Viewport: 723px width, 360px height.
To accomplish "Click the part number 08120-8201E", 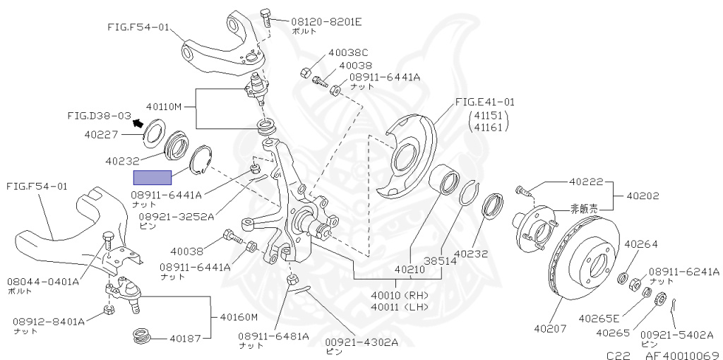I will click(326, 21).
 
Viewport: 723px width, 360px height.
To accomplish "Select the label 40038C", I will click(348, 53).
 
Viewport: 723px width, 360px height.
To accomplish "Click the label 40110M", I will click(164, 107).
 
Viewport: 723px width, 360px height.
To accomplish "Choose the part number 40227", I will click(101, 133).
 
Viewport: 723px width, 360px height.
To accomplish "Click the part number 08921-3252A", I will click(176, 217).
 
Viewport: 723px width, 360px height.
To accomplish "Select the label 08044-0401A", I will click(43, 281).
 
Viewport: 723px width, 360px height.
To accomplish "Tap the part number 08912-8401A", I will click(48, 321).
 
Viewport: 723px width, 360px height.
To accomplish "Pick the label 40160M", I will click(239, 317).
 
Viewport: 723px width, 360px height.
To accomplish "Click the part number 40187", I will click(184, 338).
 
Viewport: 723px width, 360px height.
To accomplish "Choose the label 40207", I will click(550, 328).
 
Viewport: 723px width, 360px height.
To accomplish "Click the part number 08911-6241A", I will click(684, 271).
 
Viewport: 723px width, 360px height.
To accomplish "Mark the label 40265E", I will click(599, 318).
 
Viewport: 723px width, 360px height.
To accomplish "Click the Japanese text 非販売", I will click(583, 208).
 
